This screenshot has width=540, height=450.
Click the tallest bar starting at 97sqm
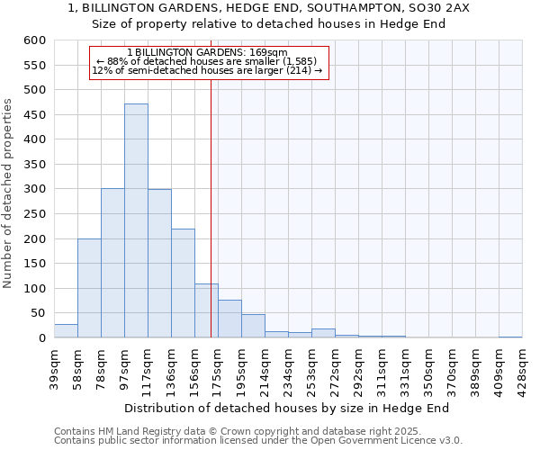136,220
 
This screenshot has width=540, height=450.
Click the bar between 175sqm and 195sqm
229,319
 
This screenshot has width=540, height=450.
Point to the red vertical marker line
211,225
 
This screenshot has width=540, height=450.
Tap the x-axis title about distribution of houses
286,408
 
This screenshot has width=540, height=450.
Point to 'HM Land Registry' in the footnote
135,431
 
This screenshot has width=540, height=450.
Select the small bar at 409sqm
510,337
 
